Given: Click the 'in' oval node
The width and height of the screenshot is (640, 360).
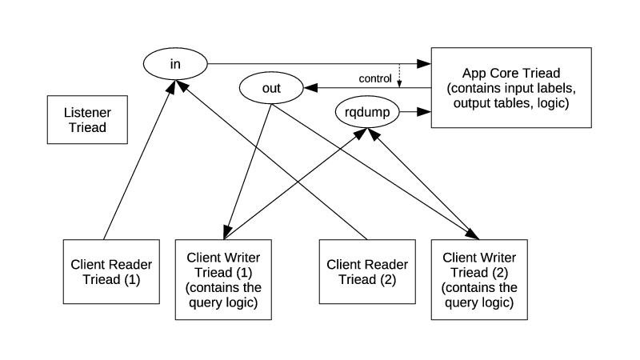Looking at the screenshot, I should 175,63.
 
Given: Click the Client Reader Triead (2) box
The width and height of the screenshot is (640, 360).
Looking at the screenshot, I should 367,270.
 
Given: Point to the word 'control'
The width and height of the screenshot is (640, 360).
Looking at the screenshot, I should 376,78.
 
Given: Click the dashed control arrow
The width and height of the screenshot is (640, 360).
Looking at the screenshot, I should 399,76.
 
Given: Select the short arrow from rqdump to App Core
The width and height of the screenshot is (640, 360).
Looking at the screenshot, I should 415,114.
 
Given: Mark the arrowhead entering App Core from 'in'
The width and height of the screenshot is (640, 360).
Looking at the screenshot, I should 425,63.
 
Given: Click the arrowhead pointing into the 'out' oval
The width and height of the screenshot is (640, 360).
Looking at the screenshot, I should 310,87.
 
